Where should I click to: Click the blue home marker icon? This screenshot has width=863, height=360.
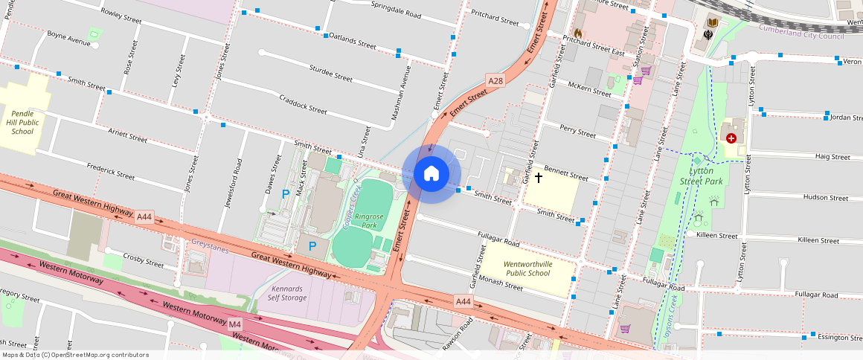point(431,174)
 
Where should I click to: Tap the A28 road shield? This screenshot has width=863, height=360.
point(495,80)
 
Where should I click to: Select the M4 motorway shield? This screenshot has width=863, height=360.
point(235,324)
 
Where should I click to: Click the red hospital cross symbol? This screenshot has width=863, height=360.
point(731,138)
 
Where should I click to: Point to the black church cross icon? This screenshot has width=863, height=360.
point(538,179)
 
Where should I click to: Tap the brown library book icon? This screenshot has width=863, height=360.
point(713,23)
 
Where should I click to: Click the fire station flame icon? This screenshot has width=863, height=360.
point(578,33)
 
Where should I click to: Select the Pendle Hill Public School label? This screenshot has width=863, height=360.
point(22,121)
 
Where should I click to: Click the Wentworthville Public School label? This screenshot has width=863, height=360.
point(527,269)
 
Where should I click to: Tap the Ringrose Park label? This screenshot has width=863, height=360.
point(368,220)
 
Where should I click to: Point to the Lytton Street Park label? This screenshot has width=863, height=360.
point(701,176)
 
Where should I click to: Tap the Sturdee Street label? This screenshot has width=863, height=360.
point(330,73)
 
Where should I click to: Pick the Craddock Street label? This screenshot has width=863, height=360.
point(303,104)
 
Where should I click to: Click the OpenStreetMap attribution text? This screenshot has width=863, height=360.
point(74,355)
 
